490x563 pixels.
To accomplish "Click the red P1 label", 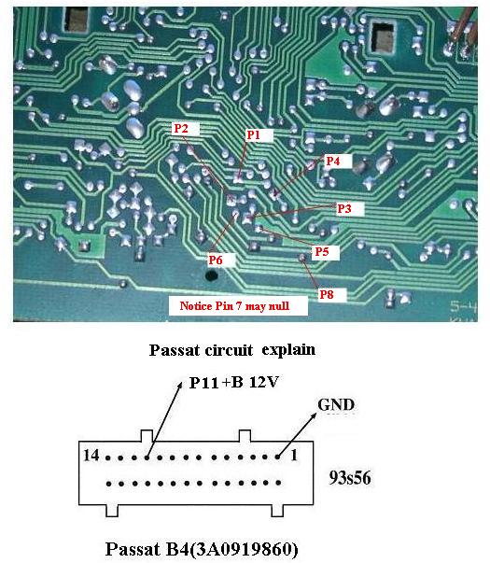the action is (x=253, y=135).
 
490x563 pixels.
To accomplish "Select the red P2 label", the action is (x=181, y=128).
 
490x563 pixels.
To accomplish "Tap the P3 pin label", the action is (x=343, y=208).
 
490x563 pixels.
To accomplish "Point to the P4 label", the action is (x=333, y=161).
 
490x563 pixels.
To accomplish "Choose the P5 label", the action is (x=322, y=251).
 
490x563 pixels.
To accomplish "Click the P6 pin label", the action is (x=216, y=260).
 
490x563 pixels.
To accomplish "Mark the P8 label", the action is (x=327, y=294).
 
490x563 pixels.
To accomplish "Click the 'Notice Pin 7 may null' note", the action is (x=234, y=306).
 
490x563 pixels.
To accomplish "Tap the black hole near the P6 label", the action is (x=212, y=275).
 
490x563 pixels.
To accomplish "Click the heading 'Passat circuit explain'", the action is (x=232, y=350).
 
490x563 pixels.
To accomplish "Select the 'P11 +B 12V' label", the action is (x=233, y=383).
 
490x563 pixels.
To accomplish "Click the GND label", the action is (x=336, y=404).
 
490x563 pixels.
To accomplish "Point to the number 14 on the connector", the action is (x=91, y=456).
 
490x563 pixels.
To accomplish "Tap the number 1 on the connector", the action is (x=294, y=456).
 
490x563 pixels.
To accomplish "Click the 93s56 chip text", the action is (x=350, y=478).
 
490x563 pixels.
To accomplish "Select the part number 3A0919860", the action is (x=243, y=549).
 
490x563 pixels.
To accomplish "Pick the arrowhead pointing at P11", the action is (x=179, y=386).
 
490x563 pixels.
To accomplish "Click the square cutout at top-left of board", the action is (x=76, y=19).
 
